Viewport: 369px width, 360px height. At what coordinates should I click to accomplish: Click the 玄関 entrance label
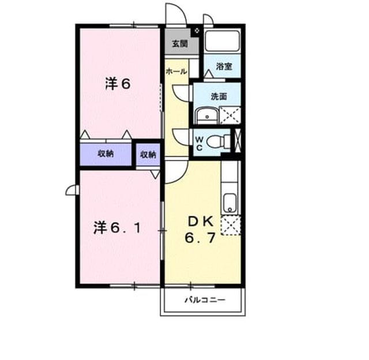179,44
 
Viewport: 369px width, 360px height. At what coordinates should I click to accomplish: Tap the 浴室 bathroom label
224,66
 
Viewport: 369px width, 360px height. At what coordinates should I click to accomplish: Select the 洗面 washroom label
219,96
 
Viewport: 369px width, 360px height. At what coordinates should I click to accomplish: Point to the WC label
199,144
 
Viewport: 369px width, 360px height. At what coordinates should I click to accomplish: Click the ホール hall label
176,72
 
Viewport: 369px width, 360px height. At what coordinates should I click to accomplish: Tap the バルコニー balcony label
205,300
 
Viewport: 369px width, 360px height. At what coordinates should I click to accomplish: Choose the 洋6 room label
118,84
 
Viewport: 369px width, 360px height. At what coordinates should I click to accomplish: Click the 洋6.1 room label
117,228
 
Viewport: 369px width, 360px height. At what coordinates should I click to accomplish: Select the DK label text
200,222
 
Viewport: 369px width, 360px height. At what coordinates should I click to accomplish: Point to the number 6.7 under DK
200,238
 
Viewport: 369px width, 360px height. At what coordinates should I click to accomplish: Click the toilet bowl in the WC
218,142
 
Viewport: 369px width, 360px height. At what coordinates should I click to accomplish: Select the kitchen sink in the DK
229,204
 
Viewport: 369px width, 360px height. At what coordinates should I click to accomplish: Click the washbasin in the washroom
208,115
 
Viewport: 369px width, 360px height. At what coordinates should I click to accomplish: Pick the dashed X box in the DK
231,226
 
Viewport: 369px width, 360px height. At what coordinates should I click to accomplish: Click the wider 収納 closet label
106,153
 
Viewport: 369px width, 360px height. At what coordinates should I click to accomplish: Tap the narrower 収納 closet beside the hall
148,155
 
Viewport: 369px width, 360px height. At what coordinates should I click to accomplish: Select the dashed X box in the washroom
230,115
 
